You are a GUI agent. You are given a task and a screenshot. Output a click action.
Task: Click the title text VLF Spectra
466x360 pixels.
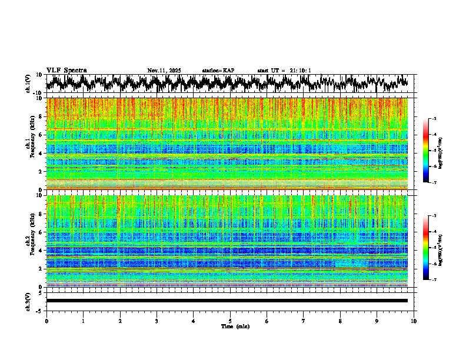pyautogui.click(x=66, y=70)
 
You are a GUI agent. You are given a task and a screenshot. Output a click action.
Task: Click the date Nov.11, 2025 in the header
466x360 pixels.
pyautogui.click(x=164, y=71)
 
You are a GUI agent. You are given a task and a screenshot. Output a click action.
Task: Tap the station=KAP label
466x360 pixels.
pyautogui.click(x=218, y=71)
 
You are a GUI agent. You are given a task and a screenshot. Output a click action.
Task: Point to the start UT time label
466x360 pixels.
pyautogui.click(x=284, y=71)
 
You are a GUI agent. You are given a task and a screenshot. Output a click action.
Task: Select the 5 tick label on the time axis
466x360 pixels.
pyautogui.click(x=230, y=321)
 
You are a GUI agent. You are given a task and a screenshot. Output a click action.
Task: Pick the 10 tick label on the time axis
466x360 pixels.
pyautogui.click(x=414, y=321)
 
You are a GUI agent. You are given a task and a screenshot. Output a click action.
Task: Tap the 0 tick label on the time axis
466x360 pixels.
pyautogui.click(x=46, y=321)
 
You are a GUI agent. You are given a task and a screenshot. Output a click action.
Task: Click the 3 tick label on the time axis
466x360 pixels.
pyautogui.click(x=157, y=321)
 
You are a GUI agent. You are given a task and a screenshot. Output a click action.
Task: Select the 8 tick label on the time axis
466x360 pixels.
pyautogui.click(x=340, y=321)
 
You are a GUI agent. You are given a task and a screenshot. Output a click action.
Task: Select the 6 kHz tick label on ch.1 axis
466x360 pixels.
pyautogui.click(x=41, y=135)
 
